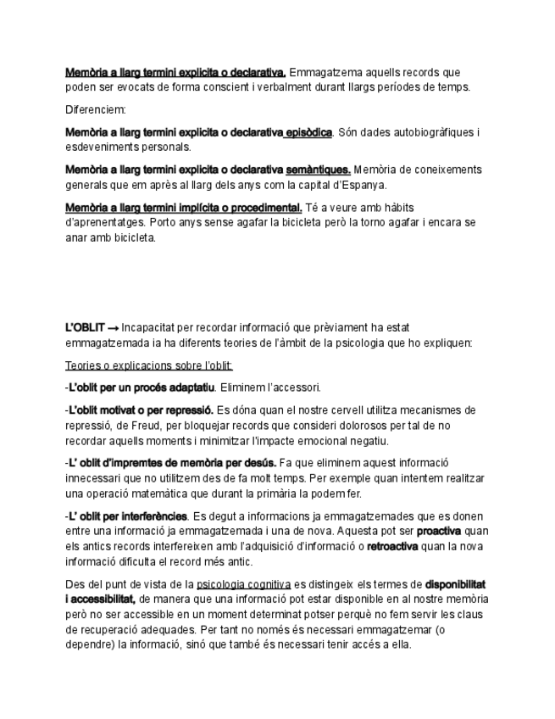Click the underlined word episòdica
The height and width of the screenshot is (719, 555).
pos(308,132)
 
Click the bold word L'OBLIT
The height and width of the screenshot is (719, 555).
pos(85,327)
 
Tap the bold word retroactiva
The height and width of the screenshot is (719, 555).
pos(391,546)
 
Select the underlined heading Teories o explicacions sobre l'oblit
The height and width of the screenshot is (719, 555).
pos(149,365)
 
